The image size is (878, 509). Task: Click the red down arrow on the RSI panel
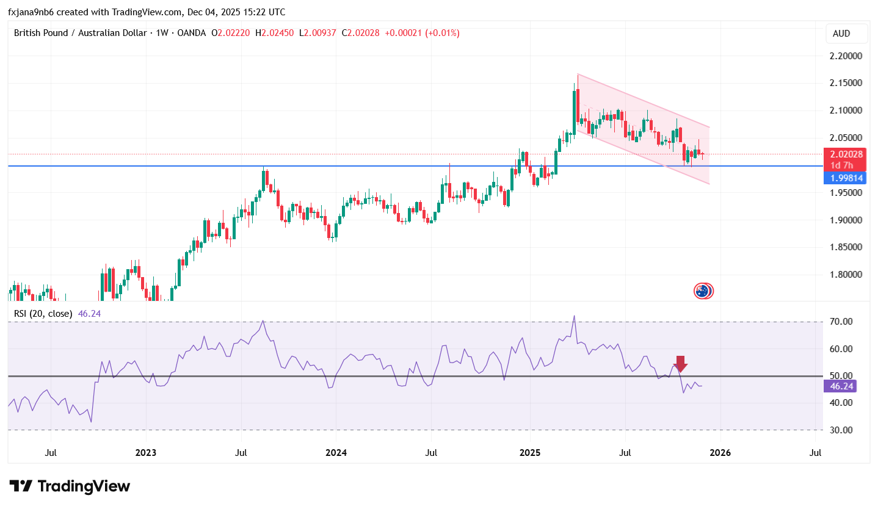pyautogui.click(x=681, y=364)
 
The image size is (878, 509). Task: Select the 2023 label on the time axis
pyautogui.click(x=146, y=453)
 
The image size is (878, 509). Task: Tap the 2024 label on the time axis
pyautogui.click(x=336, y=453)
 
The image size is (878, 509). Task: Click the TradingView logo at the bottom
pyautogui.click(x=70, y=486)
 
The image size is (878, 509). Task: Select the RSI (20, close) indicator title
pyautogui.click(x=43, y=314)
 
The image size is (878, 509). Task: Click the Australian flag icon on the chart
pyautogui.click(x=703, y=291)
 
